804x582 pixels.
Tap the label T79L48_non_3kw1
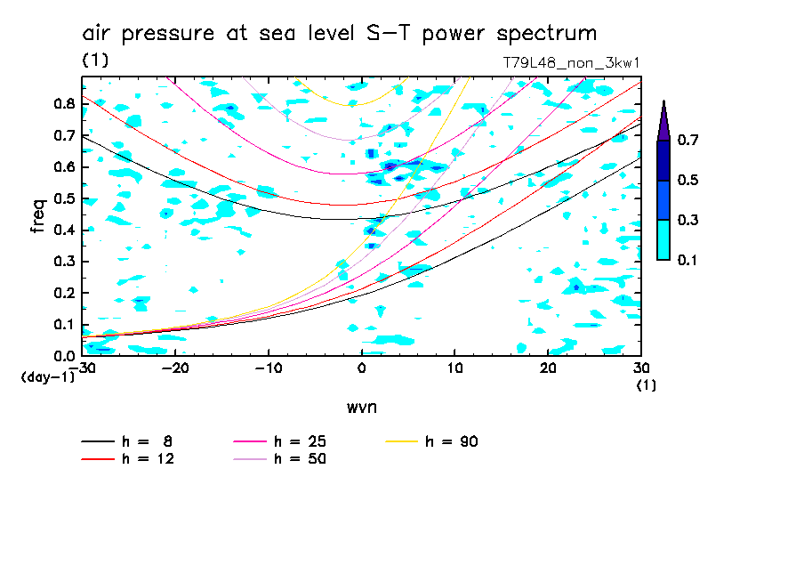[571, 64]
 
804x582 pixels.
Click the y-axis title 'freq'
[37, 216]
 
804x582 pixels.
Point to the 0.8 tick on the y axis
[63, 103]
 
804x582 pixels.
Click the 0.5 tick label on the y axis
[63, 198]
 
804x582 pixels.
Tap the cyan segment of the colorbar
[663, 239]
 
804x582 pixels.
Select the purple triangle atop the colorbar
[663, 121]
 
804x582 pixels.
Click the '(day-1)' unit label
[47, 377]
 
